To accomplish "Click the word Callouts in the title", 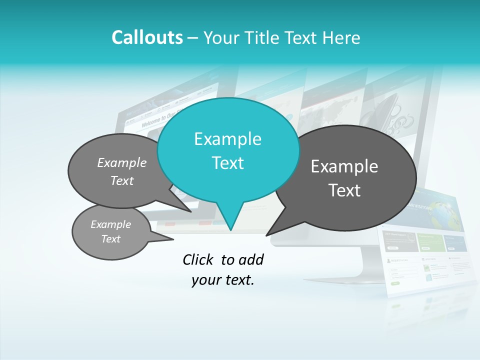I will click(147, 37).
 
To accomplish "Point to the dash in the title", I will click(193, 38).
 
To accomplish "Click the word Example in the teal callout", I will click(227, 139).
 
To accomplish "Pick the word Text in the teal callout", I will click(227, 163).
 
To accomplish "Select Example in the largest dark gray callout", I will click(344, 166).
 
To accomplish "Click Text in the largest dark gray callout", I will click(344, 190).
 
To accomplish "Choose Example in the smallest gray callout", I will click(110, 224).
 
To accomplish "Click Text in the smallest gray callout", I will click(110, 239).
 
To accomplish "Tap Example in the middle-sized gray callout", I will click(122, 163).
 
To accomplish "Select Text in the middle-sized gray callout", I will click(122, 180).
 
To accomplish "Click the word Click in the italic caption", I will click(198, 259).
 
